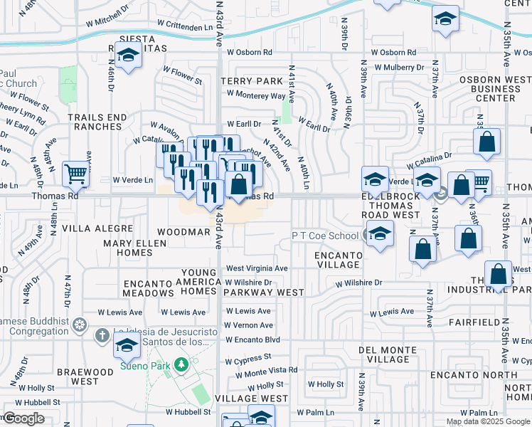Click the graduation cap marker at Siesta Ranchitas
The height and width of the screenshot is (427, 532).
128,55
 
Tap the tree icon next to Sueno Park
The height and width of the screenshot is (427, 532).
181,364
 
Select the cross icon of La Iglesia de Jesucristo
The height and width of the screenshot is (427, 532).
102,334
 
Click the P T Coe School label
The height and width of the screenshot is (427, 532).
324,236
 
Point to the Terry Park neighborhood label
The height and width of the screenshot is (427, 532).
246,82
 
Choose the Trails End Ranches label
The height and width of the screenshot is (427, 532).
95,122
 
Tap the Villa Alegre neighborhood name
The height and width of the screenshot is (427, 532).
97,228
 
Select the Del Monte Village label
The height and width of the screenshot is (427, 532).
388,354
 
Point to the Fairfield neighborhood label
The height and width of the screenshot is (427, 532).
472,322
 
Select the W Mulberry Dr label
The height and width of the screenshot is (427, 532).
399,68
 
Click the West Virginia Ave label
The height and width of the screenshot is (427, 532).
257,268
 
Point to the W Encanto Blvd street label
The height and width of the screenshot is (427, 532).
252,339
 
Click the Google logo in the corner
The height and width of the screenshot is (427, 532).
23,418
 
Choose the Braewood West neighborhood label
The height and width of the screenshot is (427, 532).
78,376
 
